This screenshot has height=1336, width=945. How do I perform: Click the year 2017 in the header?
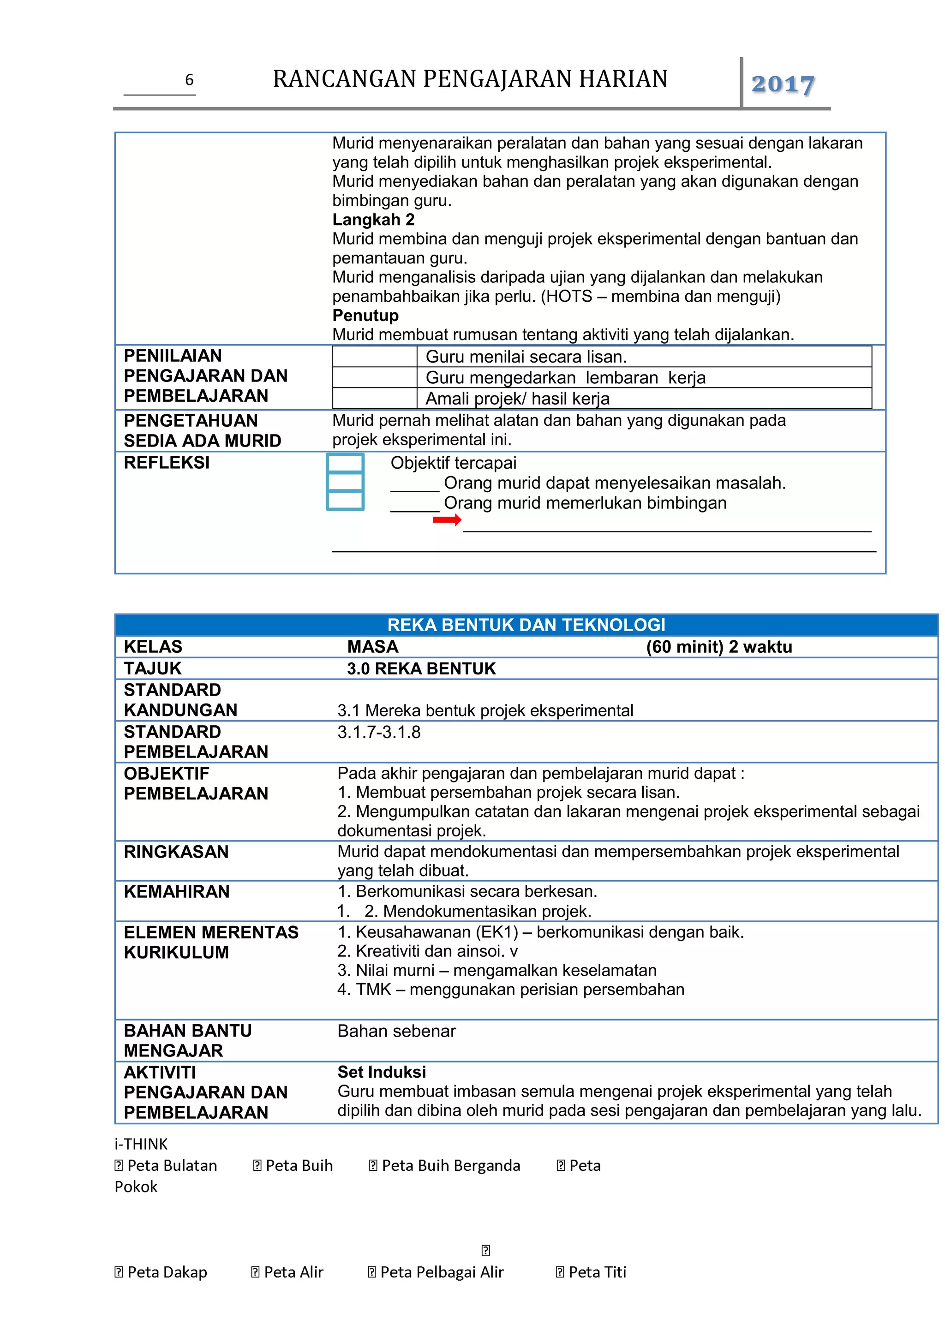tap(782, 84)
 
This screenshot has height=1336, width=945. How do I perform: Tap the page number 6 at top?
tap(189, 80)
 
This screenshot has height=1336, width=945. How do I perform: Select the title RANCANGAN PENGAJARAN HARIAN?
tap(470, 79)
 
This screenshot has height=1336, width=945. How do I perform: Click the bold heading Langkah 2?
tap(373, 220)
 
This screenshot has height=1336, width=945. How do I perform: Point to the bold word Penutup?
tap(365, 316)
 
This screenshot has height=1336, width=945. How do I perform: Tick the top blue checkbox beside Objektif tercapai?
tap(345, 463)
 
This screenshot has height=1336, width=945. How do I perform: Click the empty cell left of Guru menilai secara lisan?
tap(374, 357)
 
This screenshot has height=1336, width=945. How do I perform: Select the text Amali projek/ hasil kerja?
tap(517, 399)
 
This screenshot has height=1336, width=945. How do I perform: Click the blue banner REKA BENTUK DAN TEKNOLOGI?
tap(526, 625)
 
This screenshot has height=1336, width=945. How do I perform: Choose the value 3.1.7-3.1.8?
tap(379, 732)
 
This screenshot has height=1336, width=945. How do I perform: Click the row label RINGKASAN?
tap(176, 852)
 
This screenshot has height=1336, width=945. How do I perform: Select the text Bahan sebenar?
tap(396, 1031)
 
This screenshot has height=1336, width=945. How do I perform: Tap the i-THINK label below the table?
tap(141, 1145)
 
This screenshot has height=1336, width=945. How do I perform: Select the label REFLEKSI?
tap(167, 463)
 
